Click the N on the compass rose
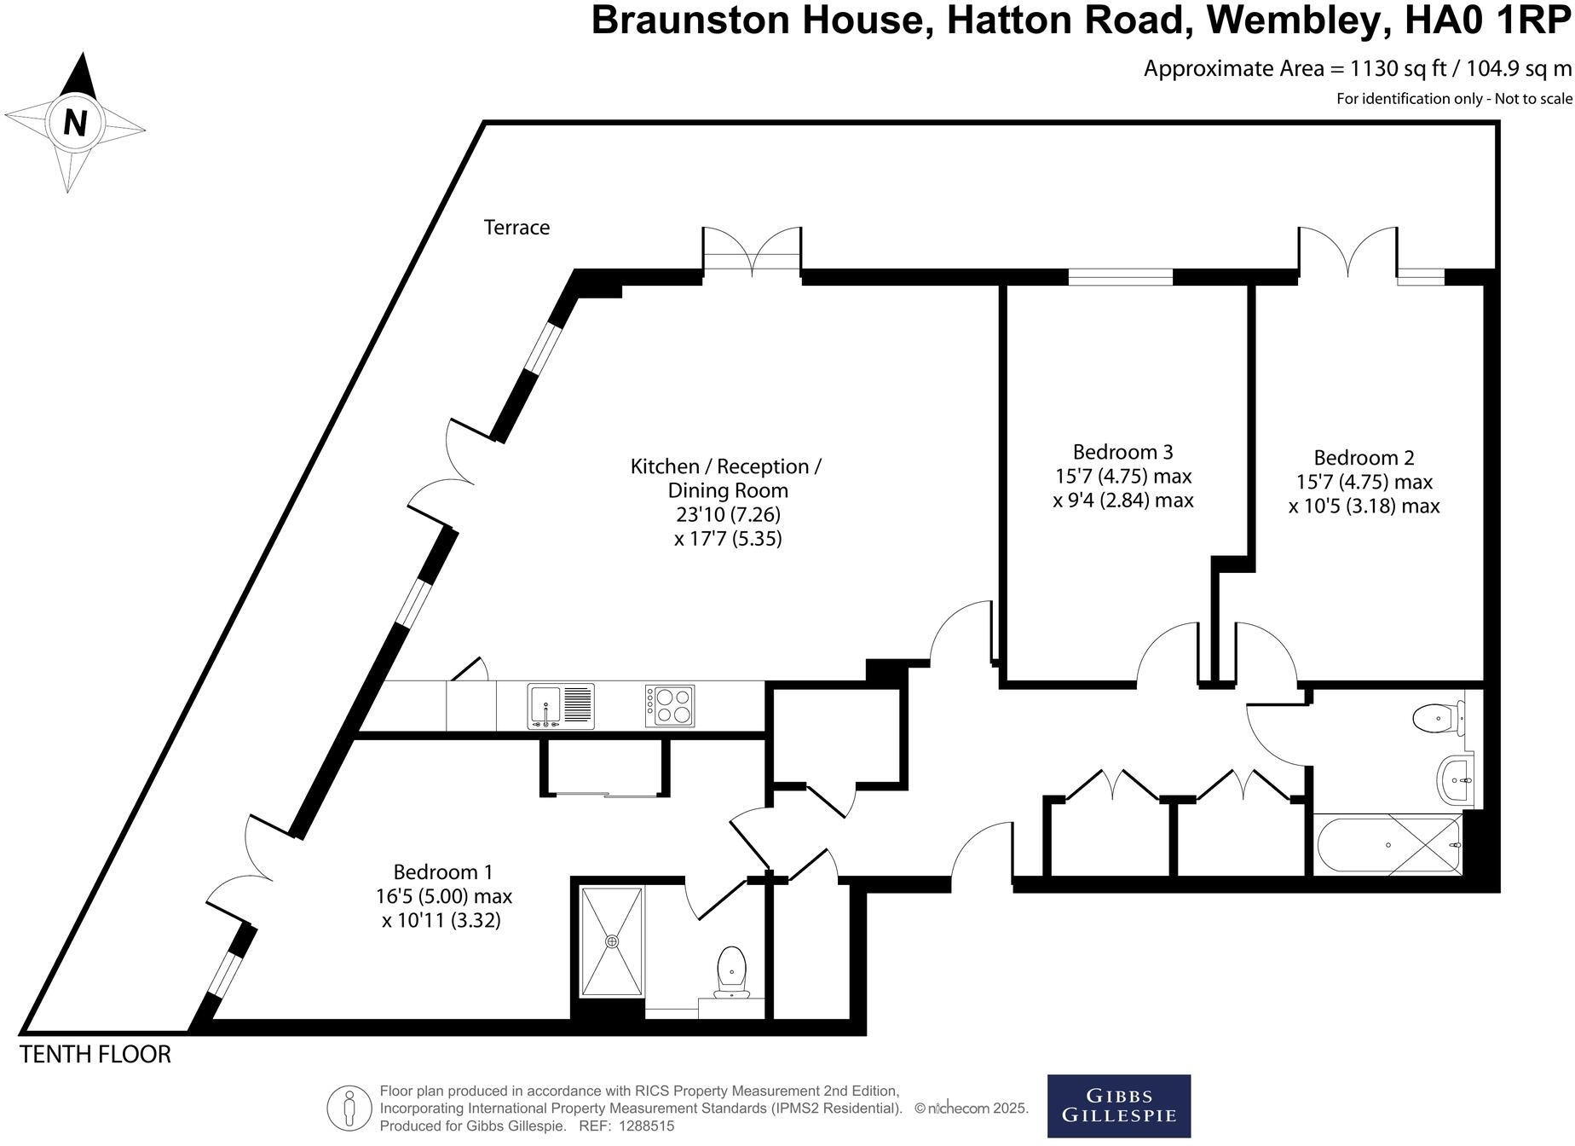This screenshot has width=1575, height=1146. (x=76, y=124)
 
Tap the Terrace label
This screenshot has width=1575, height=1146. (x=516, y=228)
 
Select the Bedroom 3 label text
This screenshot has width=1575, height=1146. (x=1122, y=452)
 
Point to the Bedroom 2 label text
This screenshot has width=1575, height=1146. (x=1364, y=458)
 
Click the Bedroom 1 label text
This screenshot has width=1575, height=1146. (x=442, y=872)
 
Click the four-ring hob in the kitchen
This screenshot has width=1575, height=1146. (x=669, y=706)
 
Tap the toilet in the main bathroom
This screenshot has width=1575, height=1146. (x=1438, y=718)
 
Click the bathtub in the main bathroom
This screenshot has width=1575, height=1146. (x=1387, y=845)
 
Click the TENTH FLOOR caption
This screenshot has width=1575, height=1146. (x=95, y=1055)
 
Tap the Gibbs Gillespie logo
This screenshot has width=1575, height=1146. (x=1118, y=1106)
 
